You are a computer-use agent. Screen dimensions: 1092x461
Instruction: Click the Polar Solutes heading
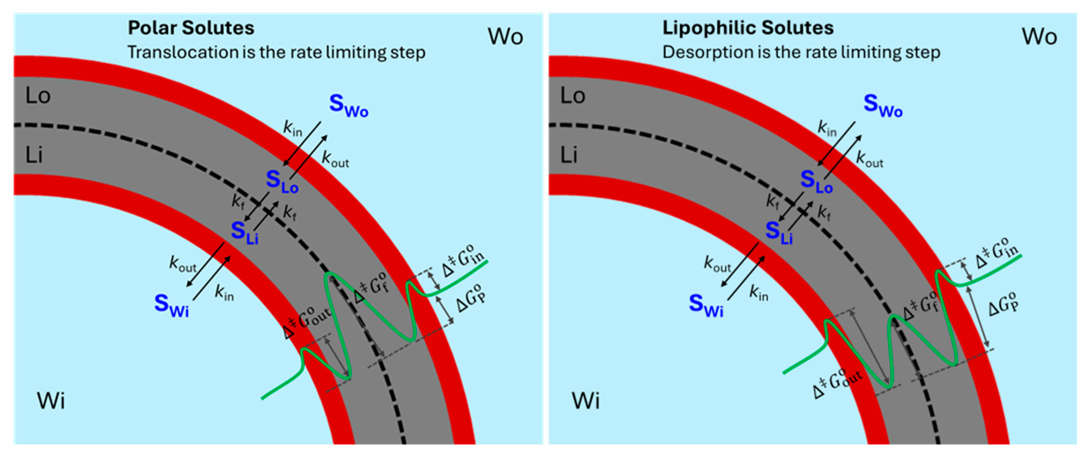click(x=191, y=28)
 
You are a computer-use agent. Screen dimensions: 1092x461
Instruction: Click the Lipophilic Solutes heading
click(x=748, y=28)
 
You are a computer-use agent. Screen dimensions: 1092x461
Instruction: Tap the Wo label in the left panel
click(x=505, y=36)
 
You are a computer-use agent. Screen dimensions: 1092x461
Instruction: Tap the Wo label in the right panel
click(x=1039, y=36)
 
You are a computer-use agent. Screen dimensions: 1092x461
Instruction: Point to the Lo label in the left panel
click(x=38, y=96)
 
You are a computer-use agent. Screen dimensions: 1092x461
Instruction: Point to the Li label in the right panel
click(x=569, y=155)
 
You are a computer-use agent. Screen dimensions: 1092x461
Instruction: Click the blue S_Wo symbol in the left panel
click(x=348, y=105)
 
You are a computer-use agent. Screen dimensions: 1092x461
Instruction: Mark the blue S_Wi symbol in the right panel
click(x=706, y=305)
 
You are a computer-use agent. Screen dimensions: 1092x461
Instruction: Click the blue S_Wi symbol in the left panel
click(x=171, y=305)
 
